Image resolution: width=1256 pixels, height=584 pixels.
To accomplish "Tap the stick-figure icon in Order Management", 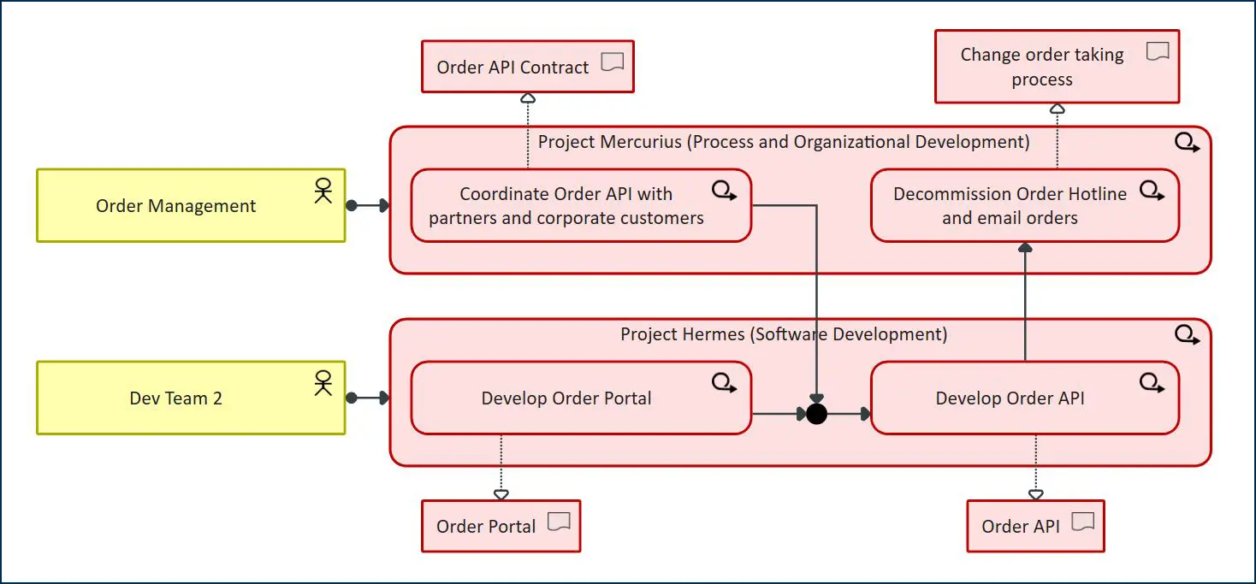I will click(x=323, y=190).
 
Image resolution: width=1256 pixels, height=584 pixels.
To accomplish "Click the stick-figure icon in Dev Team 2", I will click(x=323, y=382).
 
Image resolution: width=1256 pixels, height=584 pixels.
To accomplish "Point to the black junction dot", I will click(x=816, y=414).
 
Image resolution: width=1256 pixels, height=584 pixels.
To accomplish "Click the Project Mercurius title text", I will click(x=783, y=142).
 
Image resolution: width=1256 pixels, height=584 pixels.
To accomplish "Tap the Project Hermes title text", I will click(x=783, y=334).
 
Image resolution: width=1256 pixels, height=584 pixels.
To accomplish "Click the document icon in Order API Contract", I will click(x=612, y=62).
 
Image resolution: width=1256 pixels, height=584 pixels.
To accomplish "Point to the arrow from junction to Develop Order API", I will click(x=850, y=414).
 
